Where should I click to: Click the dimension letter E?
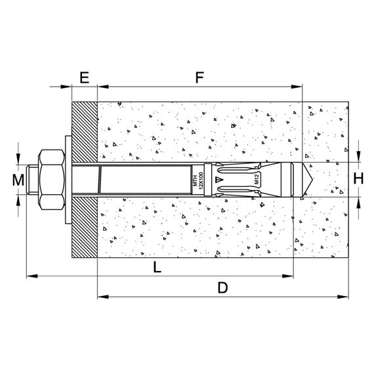click(x=85, y=77)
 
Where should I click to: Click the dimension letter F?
click(x=199, y=77)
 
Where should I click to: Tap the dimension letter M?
click(x=18, y=180)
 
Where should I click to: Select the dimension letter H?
click(x=358, y=178)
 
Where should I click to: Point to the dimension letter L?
click(x=157, y=267)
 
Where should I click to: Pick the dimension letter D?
click(x=222, y=287)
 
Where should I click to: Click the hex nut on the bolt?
click(x=52, y=180)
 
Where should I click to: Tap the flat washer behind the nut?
click(x=68, y=180)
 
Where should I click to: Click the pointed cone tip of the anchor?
click(x=308, y=180)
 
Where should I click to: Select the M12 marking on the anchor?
click(x=257, y=179)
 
